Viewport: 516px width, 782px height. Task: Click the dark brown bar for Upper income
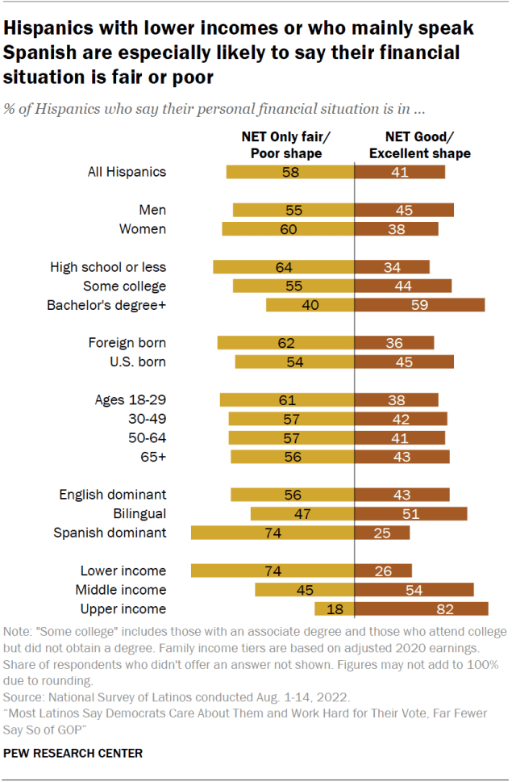421,608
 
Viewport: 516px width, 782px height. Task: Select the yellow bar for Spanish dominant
273,532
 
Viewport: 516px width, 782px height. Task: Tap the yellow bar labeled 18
335,608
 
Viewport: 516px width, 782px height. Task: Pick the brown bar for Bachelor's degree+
420,305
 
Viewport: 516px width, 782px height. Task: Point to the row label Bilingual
139,513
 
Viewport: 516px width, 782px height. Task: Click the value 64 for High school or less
282,267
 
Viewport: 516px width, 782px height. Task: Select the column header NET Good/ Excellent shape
417,145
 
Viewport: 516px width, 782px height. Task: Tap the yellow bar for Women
288,228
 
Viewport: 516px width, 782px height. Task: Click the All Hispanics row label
127,171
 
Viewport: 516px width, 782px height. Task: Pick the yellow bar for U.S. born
294,362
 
